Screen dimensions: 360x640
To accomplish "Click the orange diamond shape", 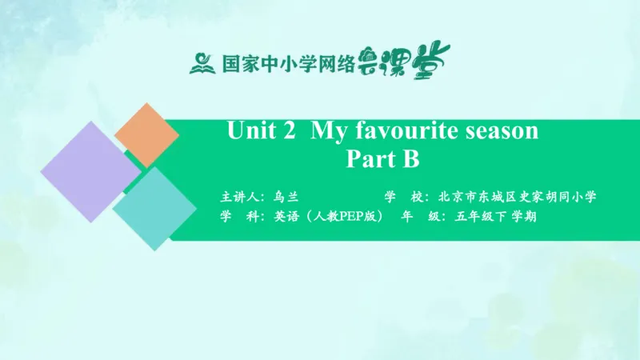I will tap(146, 134).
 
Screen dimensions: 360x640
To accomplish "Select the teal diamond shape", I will tap(154, 208).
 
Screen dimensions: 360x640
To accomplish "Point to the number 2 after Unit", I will tap(290, 131).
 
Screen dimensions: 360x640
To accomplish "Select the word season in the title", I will tap(502, 131).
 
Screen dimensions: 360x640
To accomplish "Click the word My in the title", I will tap(328, 131).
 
